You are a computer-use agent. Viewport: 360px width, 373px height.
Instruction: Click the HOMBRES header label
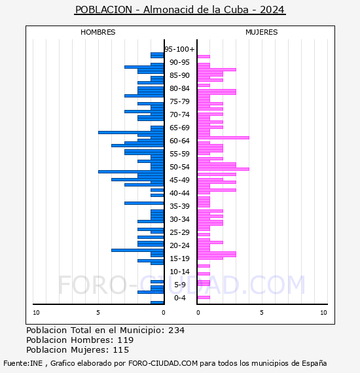point(98,32)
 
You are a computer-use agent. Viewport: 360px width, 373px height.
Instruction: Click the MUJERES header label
point(262,32)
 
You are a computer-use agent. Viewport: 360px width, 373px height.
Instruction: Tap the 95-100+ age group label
point(179,49)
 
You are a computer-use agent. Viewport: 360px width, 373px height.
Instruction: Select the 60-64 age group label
point(179,141)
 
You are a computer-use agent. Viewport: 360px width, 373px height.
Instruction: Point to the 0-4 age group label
point(180,298)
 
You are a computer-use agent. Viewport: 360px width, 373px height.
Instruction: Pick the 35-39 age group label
point(179,206)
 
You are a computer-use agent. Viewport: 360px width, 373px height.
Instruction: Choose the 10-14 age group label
point(179,272)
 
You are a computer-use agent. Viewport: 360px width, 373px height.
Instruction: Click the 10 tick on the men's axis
point(36,313)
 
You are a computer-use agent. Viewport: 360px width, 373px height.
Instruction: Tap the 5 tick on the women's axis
point(262,313)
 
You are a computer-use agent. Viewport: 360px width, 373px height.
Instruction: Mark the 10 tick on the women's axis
point(323,313)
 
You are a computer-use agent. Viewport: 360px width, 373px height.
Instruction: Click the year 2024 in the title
point(272,10)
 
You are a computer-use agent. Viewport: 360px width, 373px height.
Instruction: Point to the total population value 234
point(176,330)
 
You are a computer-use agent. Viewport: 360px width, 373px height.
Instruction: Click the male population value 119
point(126,340)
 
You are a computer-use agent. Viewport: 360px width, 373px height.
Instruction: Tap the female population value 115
point(121,350)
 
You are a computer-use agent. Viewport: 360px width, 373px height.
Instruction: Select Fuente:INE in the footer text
point(23,363)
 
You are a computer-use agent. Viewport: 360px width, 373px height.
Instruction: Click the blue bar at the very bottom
point(157,302)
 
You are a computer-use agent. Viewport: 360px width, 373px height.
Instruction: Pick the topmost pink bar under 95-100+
point(204,57)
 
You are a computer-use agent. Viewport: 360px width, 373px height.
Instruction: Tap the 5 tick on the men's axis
point(98,313)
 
